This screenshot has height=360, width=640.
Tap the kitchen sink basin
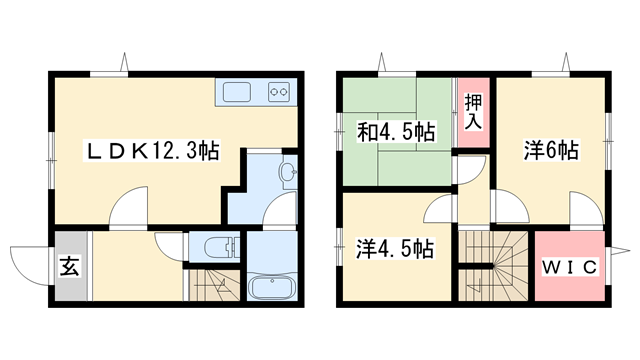(x=237, y=94)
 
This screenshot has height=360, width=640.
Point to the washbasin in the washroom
(x=287, y=175)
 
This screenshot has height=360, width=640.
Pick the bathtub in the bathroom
(x=273, y=288)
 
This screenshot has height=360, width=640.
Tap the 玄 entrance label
(x=69, y=267)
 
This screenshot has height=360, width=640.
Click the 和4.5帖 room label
(x=397, y=131)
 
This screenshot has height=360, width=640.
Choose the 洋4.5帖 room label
(x=395, y=247)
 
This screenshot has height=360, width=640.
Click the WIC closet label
(x=571, y=267)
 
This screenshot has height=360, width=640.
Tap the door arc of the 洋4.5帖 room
(x=438, y=211)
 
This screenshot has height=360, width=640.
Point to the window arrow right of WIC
(x=622, y=249)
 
